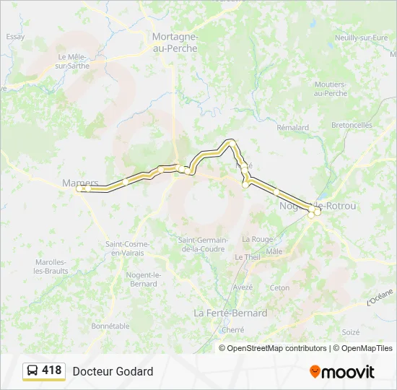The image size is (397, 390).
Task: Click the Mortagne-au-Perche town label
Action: pyautogui.click(x=175, y=42)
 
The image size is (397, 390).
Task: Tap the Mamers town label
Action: pyautogui.click(x=80, y=183)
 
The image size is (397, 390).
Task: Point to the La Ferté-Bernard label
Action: pyautogui.click(x=230, y=313)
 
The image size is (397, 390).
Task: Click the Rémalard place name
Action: pyautogui.click(x=292, y=127)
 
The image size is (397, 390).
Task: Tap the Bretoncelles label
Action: pyautogui.click(x=352, y=124)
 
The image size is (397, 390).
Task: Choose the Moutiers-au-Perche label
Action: pyautogui.click(x=331, y=89)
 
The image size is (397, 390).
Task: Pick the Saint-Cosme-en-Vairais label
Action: pyautogui.click(x=125, y=248)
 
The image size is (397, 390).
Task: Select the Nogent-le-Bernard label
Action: pyautogui.click(x=142, y=279)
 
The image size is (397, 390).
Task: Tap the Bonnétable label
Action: pyautogui.click(x=110, y=326)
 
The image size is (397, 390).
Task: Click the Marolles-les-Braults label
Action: pyautogui.click(x=51, y=266)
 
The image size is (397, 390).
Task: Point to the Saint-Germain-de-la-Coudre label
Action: pyautogui.click(x=203, y=244)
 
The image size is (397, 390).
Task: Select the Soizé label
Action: pyautogui.click(x=351, y=331)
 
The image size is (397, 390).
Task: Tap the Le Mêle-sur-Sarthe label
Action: pyautogui.click(x=72, y=61)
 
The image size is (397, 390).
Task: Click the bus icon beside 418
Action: pyautogui.click(x=32, y=371)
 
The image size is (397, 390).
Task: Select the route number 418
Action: pyautogui.click(x=52, y=370)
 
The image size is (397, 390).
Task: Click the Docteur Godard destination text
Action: pyautogui.click(x=113, y=371)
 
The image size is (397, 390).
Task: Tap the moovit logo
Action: pyautogui.click(x=342, y=372)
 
